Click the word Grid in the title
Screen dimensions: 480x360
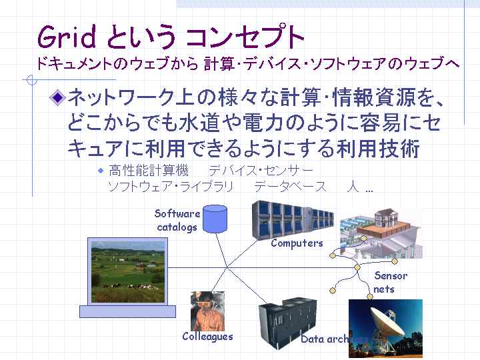coord(67,37)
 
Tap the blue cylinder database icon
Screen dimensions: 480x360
coord(215,219)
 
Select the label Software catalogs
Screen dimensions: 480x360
coord(177,220)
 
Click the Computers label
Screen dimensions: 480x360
coord(297,243)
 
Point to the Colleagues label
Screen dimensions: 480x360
coord(207,337)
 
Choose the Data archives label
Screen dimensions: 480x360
coord(335,339)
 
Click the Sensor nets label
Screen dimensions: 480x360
coord(390,282)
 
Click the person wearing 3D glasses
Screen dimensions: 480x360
coord(207,311)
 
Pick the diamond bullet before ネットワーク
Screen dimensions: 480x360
coord(57,97)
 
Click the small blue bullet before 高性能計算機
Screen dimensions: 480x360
coord(101,171)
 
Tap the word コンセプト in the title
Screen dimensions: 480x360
coord(245,37)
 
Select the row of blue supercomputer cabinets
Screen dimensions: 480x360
coord(293,220)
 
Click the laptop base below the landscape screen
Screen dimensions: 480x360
coord(127,311)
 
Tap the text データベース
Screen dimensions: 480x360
coord(291,187)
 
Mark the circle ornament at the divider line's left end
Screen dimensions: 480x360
coord(32,80)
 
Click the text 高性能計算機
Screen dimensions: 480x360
coord(149,171)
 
